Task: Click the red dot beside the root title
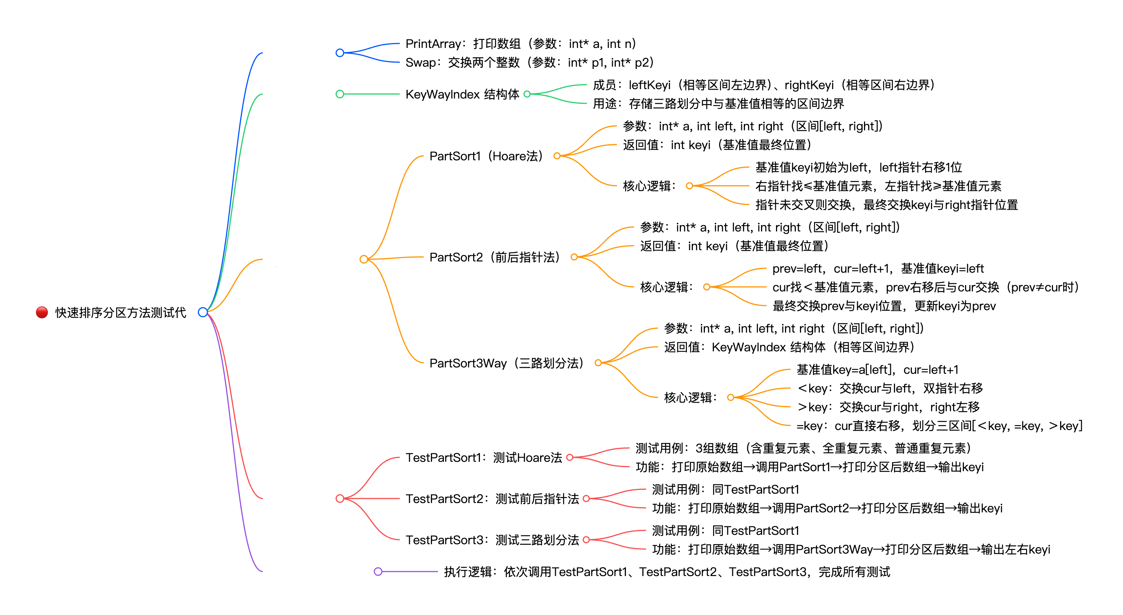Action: tap(42, 312)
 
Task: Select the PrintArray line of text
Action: tap(521, 43)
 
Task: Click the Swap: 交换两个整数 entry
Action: tap(529, 63)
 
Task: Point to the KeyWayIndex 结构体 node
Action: tap(462, 94)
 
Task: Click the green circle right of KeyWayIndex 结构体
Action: tap(527, 94)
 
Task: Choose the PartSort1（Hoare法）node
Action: tap(486, 156)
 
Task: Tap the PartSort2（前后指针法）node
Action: tap(494, 257)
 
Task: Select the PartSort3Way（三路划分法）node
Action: tap(506, 363)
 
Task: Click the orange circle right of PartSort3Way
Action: tap(598, 363)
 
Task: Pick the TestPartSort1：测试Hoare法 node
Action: tap(484, 458)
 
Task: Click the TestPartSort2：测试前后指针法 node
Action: tap(492, 499)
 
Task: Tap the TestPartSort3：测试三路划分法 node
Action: tap(492, 540)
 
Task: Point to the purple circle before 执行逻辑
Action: tap(378, 572)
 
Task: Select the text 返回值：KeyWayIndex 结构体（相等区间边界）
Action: tap(789, 347)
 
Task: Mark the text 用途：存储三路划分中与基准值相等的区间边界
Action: tap(718, 104)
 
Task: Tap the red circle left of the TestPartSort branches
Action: tap(340, 499)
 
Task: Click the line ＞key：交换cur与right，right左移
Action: tap(888, 407)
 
